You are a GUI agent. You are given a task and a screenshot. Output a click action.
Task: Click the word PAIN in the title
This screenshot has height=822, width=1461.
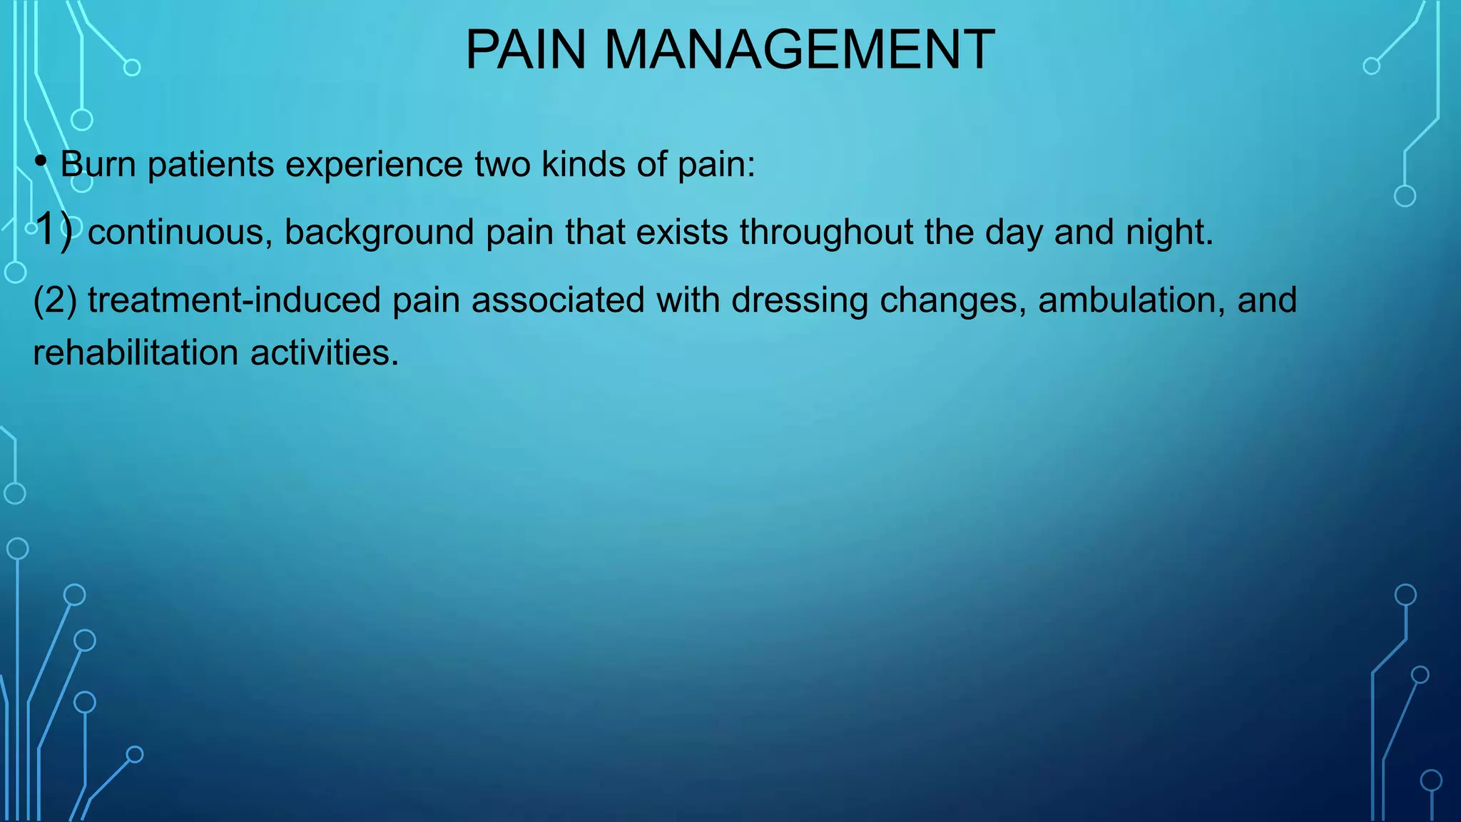click(525, 50)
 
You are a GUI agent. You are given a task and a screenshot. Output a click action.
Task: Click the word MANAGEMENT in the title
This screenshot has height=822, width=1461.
click(800, 50)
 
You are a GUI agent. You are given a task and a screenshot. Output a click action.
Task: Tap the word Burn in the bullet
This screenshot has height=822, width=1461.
click(98, 164)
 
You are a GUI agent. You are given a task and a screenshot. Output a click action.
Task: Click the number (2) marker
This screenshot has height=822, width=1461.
click(55, 300)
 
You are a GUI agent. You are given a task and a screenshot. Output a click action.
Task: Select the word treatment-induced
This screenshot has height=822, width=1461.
click(234, 300)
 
